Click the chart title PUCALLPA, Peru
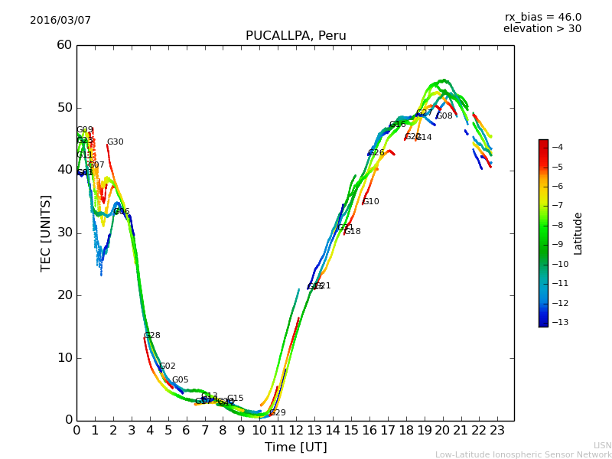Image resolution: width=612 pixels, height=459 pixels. coord(295,36)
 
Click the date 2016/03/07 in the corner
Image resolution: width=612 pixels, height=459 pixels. coord(60,20)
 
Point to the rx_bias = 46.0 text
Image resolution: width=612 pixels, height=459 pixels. coord(542,17)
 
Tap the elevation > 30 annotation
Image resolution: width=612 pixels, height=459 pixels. coord(542,29)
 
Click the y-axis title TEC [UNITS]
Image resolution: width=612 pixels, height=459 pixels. coord(46,233)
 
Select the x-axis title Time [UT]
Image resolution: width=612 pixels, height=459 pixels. coord(295,448)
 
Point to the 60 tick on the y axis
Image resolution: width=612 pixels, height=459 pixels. coord(64,45)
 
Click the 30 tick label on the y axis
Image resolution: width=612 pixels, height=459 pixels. coord(64,233)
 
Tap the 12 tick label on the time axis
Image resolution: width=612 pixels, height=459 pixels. coord(295,431)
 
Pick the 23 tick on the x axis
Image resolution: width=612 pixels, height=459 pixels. coord(496,431)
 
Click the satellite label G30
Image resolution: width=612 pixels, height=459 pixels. coord(115,142)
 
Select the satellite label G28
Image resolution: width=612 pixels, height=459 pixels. coord(152,336)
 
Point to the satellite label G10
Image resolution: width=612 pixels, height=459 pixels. coord(370,202)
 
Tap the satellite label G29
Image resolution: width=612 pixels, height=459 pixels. coord(277,413)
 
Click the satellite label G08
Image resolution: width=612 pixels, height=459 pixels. coord(444,116)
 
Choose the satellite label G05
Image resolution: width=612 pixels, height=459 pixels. coord(180,380)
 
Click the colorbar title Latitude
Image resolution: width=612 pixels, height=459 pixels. coord(578,233)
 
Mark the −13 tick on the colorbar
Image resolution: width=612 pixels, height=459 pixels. coord(558,322)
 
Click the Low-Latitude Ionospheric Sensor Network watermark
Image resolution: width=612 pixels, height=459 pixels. coord(523,454)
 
